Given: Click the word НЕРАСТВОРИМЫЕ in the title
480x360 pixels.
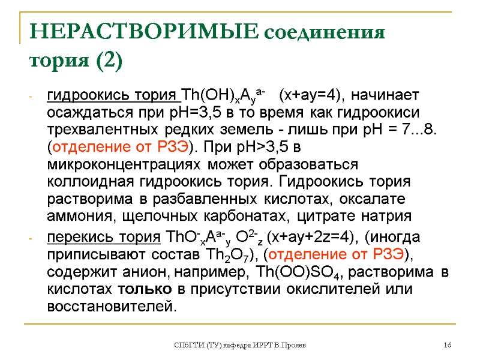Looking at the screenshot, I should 139,31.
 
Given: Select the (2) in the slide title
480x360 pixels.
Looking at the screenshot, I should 107,61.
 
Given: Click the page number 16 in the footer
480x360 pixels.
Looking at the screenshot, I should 447,346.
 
